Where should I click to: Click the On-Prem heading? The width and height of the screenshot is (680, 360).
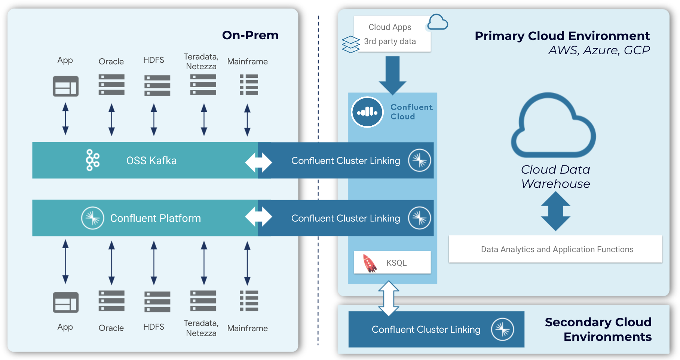(250, 35)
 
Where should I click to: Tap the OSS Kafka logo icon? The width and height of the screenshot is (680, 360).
(92, 160)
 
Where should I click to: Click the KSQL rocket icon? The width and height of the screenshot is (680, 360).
(370, 263)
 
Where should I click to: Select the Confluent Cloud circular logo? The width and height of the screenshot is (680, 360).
(367, 112)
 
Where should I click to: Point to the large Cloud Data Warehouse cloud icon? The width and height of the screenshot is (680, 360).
(554, 127)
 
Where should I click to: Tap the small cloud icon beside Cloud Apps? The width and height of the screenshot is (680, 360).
(437, 22)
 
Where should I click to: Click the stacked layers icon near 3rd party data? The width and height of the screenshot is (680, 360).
(350, 44)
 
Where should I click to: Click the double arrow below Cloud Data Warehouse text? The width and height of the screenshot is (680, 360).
(556, 211)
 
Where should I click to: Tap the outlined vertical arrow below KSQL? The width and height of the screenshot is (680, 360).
(389, 298)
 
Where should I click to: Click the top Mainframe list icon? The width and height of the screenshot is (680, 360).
(249, 85)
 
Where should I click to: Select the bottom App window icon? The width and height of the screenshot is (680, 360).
(65, 302)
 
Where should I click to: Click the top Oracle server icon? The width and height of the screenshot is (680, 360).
(111, 85)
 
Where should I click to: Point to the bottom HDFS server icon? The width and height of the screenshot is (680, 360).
(157, 302)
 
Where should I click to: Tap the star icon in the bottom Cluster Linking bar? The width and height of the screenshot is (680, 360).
(502, 329)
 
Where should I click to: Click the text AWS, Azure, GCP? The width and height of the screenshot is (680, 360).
(598, 50)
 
